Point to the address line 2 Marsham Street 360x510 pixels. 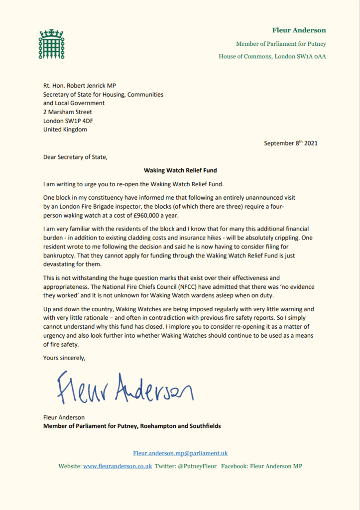click(x=68, y=112)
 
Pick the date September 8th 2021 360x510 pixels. click(x=290, y=143)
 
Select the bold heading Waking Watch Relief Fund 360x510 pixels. click(x=180, y=170)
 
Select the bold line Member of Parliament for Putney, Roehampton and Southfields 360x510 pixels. click(x=131, y=426)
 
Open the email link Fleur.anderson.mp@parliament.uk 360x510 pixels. click(x=180, y=453)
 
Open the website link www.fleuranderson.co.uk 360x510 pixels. click(x=118, y=467)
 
